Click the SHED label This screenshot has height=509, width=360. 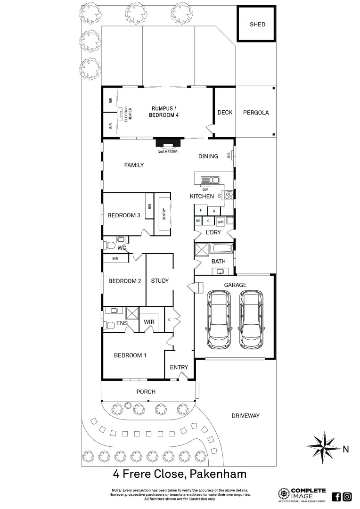click(257, 25)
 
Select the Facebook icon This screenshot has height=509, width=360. click(336, 496)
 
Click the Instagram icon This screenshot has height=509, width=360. click(347, 496)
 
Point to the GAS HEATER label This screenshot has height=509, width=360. click(167, 152)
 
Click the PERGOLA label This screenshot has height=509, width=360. click(256, 113)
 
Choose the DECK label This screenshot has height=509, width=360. click(225, 113)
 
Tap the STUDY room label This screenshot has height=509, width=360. click(160, 281)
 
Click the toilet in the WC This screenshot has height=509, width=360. click(110, 245)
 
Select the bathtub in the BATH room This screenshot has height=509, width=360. click(221, 248)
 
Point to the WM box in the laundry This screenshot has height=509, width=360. click(220, 222)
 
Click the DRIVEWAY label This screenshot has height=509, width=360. click(245, 416)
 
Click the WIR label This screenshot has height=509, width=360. click(149, 322)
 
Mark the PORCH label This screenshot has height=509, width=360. click(146, 392)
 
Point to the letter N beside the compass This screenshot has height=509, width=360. click(346, 450)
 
